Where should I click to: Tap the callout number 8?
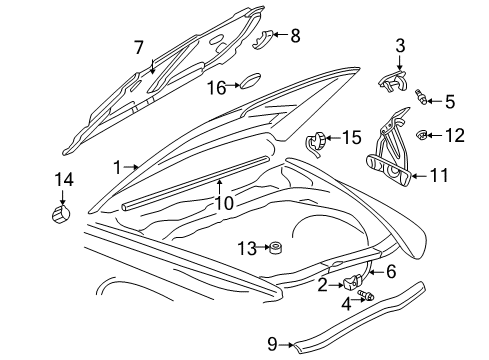(x=294, y=36)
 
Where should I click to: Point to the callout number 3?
(x=400, y=45)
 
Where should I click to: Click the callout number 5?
(x=449, y=100)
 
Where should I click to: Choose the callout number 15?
(x=351, y=137)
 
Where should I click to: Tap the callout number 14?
(x=65, y=180)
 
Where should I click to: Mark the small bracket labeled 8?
(x=265, y=38)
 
